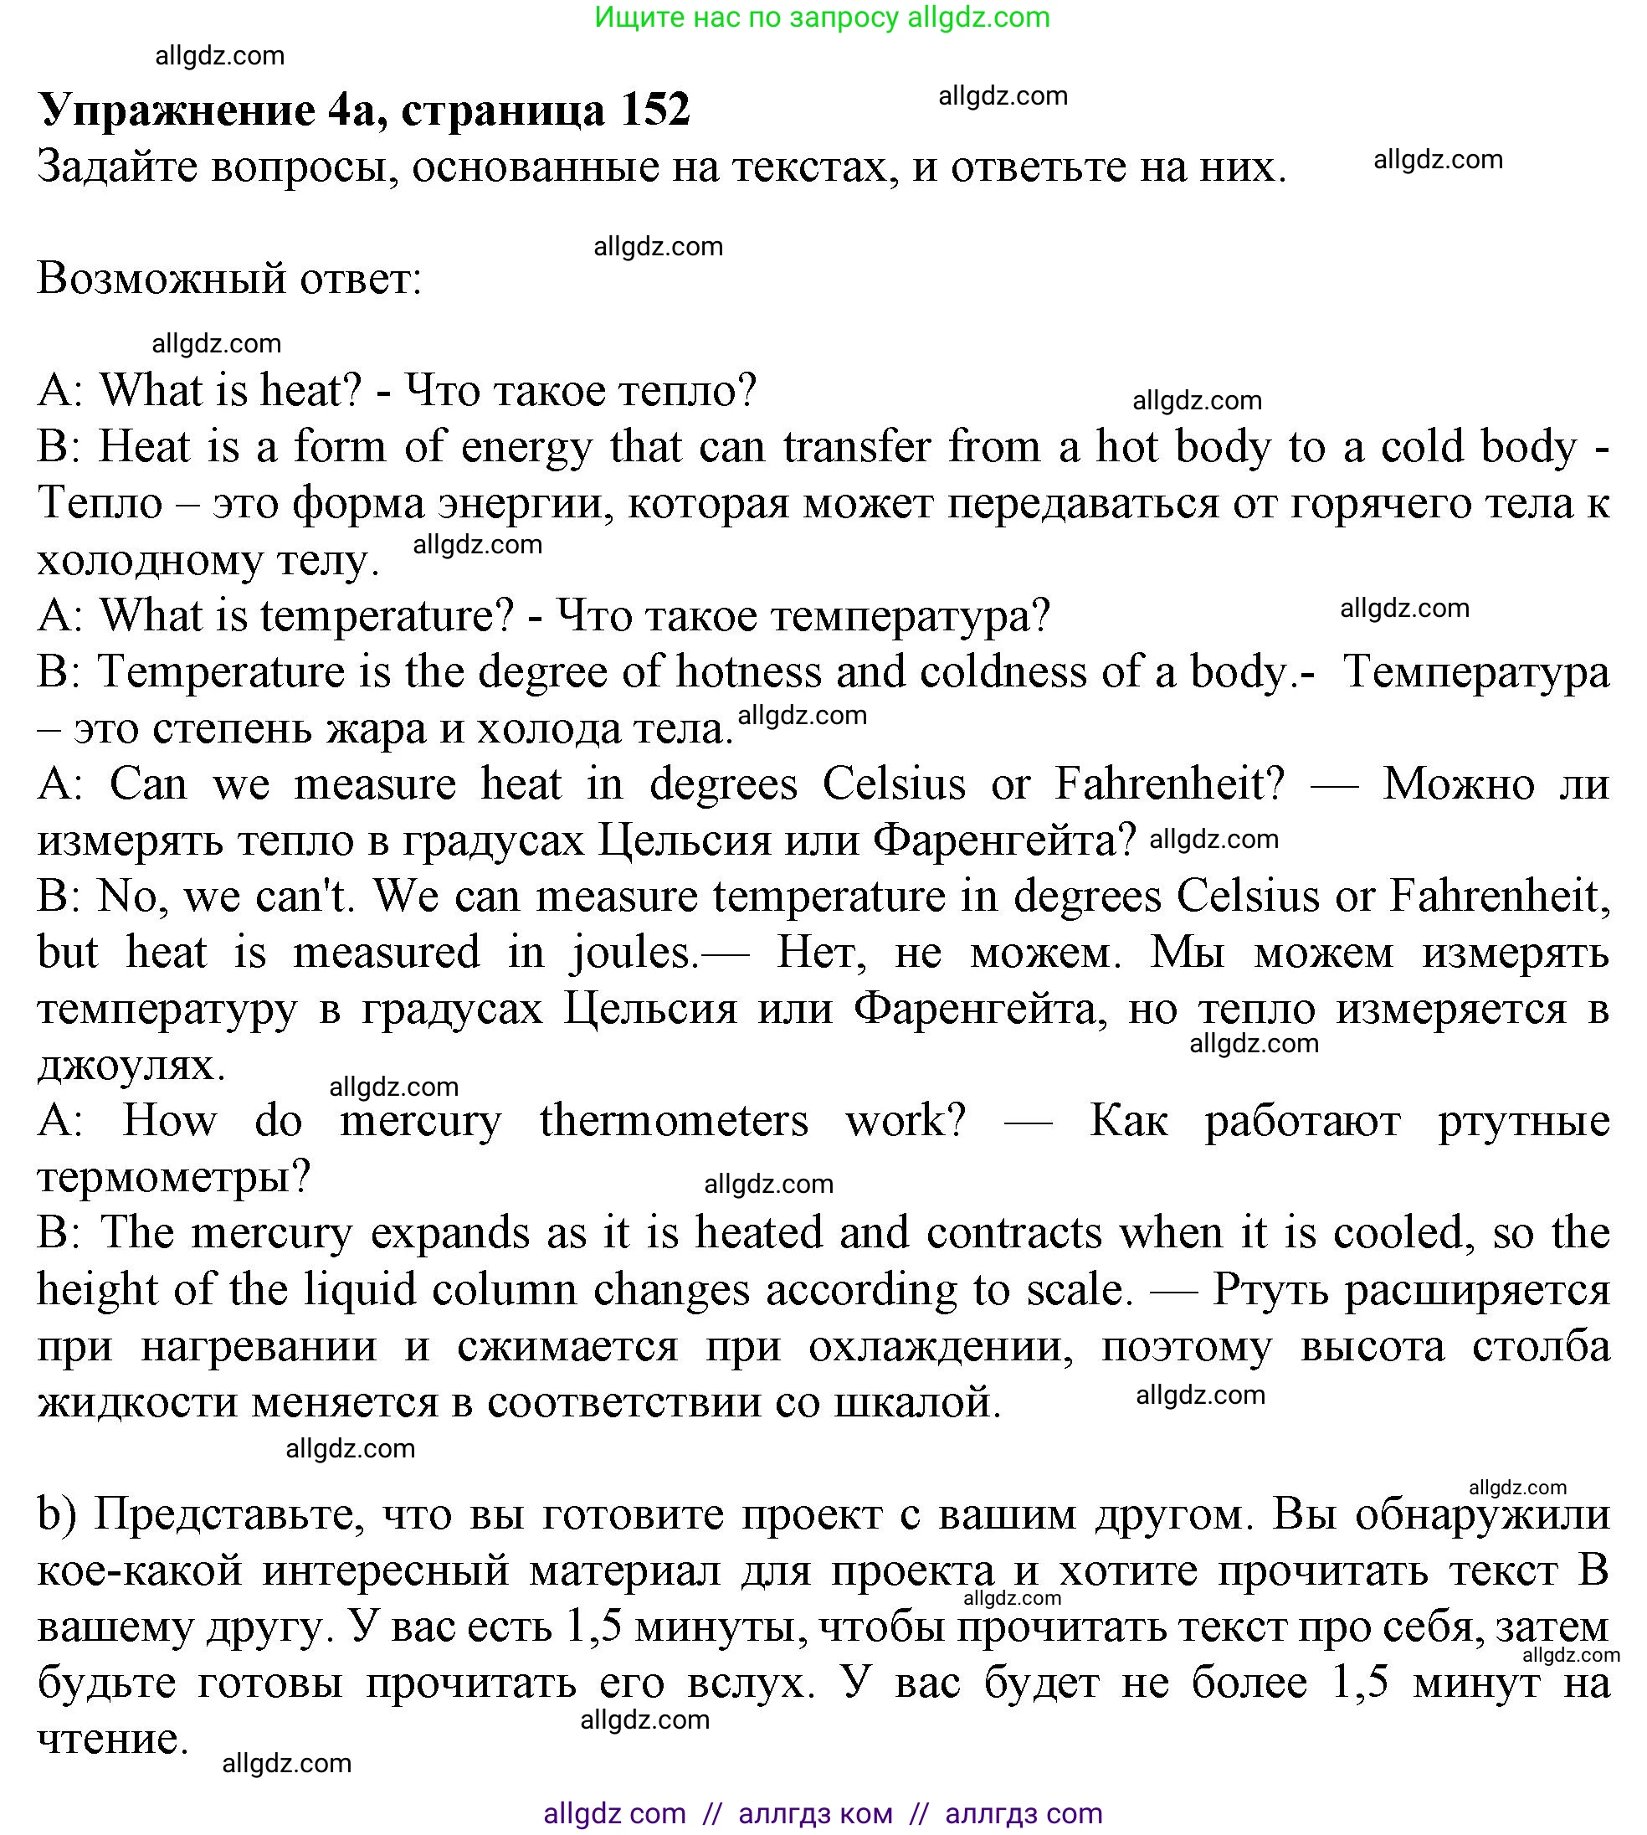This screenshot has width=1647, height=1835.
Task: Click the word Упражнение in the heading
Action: (176, 111)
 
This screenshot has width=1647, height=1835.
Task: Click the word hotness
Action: (747, 671)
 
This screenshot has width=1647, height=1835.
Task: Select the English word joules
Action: (632, 953)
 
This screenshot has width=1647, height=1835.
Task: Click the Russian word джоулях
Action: (131, 1065)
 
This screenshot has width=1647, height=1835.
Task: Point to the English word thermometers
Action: (675, 1121)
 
